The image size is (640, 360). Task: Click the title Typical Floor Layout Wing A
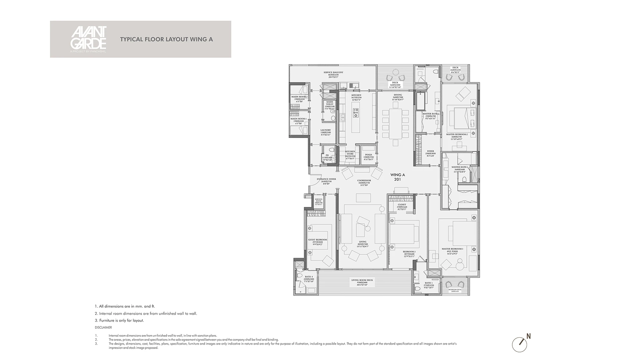pyautogui.click(x=166, y=39)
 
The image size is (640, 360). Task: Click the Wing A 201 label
pyautogui.click(x=397, y=177)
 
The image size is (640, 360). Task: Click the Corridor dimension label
pyautogui.click(x=364, y=183)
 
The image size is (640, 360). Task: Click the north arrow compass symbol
pyautogui.click(x=520, y=343)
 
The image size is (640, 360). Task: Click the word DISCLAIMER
pyautogui.click(x=103, y=328)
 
